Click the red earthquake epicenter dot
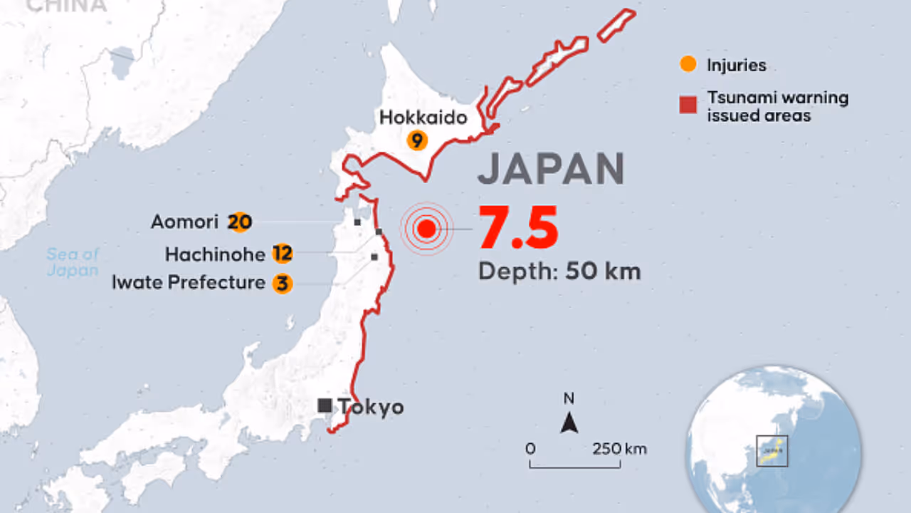[x=426, y=229]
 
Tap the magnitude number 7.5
[x=517, y=229]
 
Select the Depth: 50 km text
[x=559, y=271]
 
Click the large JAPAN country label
[x=550, y=170]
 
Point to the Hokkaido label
[x=423, y=117]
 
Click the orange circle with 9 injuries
[x=417, y=140]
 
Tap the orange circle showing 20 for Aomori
[x=240, y=222]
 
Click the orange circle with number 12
[x=283, y=254]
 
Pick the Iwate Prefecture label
[x=188, y=283]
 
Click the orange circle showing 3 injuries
[x=283, y=284]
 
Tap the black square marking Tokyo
[x=325, y=406]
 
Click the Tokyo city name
[x=371, y=407]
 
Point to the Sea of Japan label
[x=73, y=261]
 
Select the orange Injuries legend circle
[x=688, y=65]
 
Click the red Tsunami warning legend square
[x=688, y=106]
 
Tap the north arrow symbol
[x=569, y=423]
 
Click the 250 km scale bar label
[x=619, y=449]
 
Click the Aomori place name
[x=184, y=222]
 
